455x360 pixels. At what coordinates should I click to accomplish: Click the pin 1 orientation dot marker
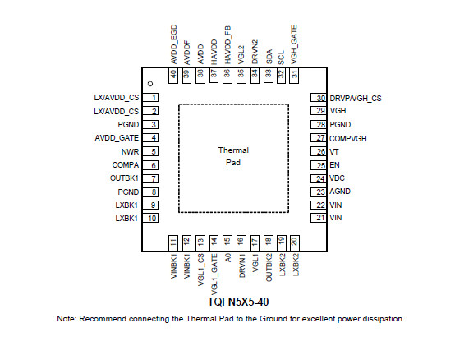coord(150,84)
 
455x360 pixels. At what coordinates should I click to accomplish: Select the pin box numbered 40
coord(173,76)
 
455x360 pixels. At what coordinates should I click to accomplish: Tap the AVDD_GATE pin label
coord(117,138)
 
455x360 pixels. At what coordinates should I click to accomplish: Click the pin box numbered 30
coord(319,98)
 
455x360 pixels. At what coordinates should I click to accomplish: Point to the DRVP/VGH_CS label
coord(356,99)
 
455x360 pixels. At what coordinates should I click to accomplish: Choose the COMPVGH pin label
coord(348,138)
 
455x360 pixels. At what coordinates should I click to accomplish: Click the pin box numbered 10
coord(150,218)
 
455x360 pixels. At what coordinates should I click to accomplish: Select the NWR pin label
coord(130,151)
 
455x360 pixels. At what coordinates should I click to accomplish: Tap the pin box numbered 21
coord(319,218)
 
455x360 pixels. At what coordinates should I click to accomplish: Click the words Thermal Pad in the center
coord(233,156)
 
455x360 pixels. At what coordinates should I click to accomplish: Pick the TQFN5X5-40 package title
coord(238,302)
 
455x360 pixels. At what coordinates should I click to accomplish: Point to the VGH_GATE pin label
coord(294,44)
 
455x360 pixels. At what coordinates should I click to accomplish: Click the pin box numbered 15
coord(227,243)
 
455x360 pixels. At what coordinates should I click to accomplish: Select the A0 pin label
coord(228,258)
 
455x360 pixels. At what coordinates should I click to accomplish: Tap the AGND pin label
coord(340,192)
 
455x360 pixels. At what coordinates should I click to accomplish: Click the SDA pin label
coord(269,57)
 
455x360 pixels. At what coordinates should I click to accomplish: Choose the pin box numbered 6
coord(150,165)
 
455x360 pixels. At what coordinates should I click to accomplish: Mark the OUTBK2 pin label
coord(269,267)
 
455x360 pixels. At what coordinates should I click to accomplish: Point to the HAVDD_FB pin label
coord(227,45)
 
